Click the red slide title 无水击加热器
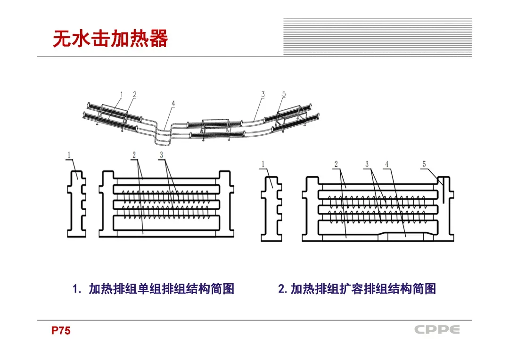[x=110, y=39]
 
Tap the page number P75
[x=61, y=331]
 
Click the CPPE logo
[x=437, y=330]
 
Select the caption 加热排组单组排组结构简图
[x=161, y=289]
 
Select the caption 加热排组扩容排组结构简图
[x=363, y=289]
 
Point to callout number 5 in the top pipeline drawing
[x=284, y=94]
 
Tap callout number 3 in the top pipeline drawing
[x=263, y=94]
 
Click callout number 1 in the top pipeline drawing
[x=121, y=95]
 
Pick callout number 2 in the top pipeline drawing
[x=134, y=95]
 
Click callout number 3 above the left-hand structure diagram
[x=161, y=155]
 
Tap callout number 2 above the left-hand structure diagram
[x=134, y=155]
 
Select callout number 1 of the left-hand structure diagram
[x=69, y=155]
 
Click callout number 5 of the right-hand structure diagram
[x=424, y=164]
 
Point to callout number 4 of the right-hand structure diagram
[x=387, y=164]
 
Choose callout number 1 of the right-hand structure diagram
[x=263, y=164]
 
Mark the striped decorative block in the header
[x=378, y=37]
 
